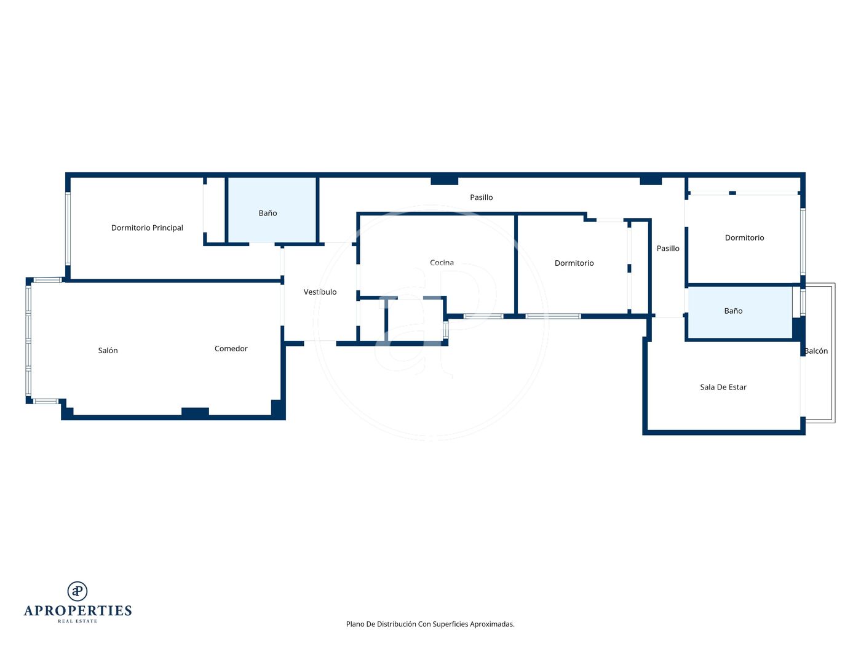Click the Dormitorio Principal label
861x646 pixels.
click(147, 228)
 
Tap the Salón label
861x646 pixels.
click(108, 350)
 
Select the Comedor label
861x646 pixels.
click(231, 348)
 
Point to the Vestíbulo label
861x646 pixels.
click(320, 292)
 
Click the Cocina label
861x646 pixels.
click(442, 263)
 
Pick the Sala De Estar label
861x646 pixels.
click(723, 387)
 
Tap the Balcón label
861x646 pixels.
click(816, 351)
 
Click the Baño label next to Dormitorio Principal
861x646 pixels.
click(268, 213)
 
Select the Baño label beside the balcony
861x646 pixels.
click(733, 311)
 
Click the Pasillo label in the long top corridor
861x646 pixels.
click(482, 197)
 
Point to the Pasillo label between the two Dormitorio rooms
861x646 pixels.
click(668, 249)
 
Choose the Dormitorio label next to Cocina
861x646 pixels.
click(574, 263)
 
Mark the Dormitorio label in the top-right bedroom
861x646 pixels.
click(745, 237)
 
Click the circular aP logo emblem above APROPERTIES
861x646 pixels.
click(77, 591)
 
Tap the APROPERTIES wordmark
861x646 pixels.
click(77, 611)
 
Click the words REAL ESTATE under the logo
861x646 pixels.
click(77, 621)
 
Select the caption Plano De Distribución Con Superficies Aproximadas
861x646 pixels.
click(430, 624)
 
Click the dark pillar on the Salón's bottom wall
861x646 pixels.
click(195, 412)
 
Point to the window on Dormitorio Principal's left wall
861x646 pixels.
click(68, 228)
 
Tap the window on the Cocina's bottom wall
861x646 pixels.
click(483, 316)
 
